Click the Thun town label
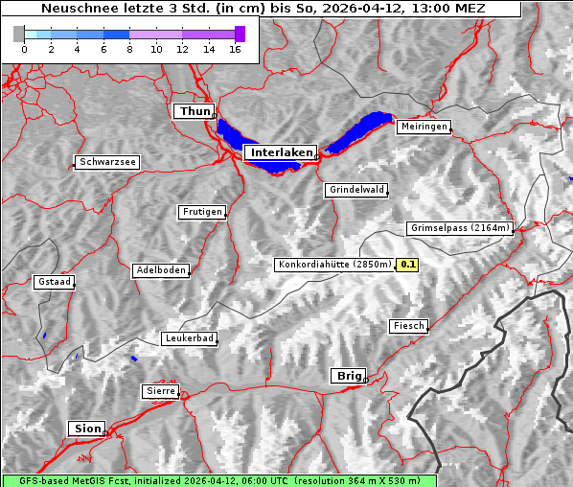195,112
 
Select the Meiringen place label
423,127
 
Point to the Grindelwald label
357,190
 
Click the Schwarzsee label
107,162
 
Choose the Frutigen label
201,212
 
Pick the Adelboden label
160,270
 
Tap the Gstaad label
54,282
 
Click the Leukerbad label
189,338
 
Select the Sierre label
160,391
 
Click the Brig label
347,376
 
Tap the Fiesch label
408,326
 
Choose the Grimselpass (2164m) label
460,228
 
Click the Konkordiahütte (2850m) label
334,265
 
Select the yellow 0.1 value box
408,265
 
